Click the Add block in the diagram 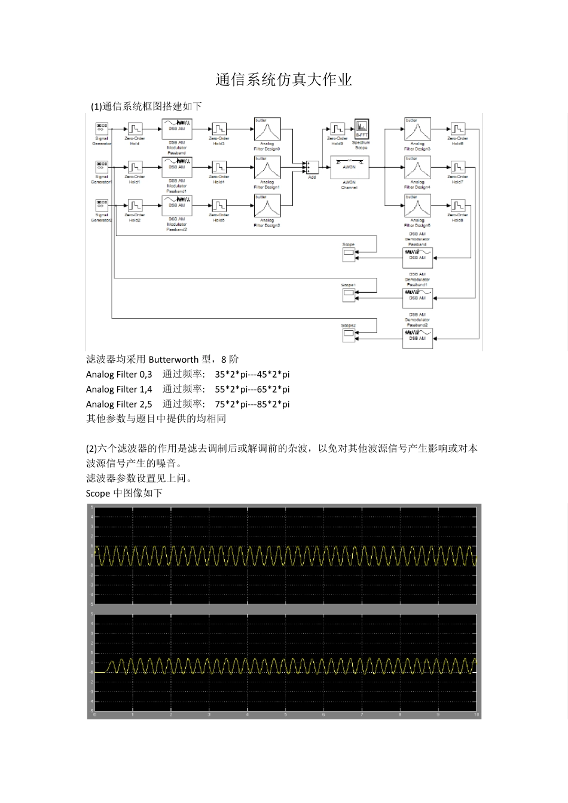[x=311, y=167]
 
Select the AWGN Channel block [x=349, y=167]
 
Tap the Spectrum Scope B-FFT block [x=361, y=128]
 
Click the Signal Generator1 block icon [x=101, y=167]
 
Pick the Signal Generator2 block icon [x=101, y=205]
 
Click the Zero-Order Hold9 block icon [x=337, y=129]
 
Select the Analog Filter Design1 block [x=267, y=168]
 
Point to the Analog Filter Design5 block [x=417, y=206]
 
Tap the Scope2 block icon [x=349, y=336]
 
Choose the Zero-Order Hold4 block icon [x=219, y=167]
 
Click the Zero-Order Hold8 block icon [x=457, y=206]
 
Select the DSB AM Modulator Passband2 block [x=176, y=206]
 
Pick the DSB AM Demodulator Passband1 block [x=417, y=297]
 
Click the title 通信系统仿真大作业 [x=283, y=80]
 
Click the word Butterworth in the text [x=173, y=360]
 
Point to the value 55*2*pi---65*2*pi [x=252, y=390]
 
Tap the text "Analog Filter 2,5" [x=119, y=404]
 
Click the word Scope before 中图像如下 [x=97, y=494]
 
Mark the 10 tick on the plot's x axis [x=475, y=715]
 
